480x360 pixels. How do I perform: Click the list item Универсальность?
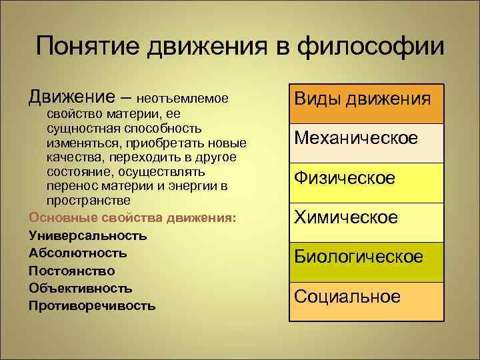pyautogui.click(x=88, y=235)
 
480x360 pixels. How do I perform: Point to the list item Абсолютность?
pyautogui.click(x=78, y=253)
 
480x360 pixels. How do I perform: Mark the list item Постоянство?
pyautogui.click(x=72, y=271)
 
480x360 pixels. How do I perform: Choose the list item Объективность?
pyautogui.click(x=81, y=289)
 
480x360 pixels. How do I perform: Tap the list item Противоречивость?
pyautogui.click(x=92, y=307)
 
